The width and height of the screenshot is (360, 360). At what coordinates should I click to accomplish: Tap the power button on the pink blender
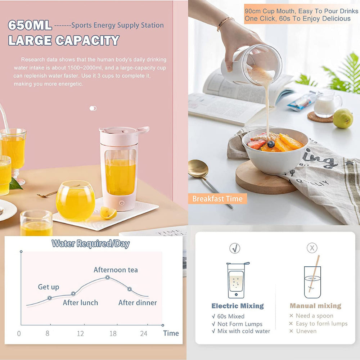[121, 203]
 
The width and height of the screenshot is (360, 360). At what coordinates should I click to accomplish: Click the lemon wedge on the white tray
[108, 213]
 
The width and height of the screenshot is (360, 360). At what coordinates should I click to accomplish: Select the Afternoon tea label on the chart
[116, 270]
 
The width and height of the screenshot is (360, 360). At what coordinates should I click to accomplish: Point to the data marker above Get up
[50, 298]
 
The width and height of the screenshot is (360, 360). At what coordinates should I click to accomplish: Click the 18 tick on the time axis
[113, 334]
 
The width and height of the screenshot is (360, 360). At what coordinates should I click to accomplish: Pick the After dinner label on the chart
[138, 303]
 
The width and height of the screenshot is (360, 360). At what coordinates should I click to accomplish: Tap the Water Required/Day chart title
[90, 244]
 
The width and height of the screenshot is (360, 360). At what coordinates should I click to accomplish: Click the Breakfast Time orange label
[217, 199]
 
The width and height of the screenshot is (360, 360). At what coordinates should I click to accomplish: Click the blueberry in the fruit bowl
[271, 144]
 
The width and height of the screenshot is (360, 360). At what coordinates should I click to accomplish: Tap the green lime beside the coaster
[342, 118]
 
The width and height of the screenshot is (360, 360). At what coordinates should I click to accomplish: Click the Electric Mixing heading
[238, 306]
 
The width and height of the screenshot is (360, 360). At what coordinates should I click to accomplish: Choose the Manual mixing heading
[315, 306]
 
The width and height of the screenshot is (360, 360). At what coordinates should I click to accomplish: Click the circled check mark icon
[235, 248]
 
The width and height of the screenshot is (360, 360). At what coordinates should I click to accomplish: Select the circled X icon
[312, 248]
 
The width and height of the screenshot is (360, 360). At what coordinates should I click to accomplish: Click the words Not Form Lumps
[240, 324]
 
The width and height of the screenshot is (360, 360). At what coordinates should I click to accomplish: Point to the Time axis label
[171, 333]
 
